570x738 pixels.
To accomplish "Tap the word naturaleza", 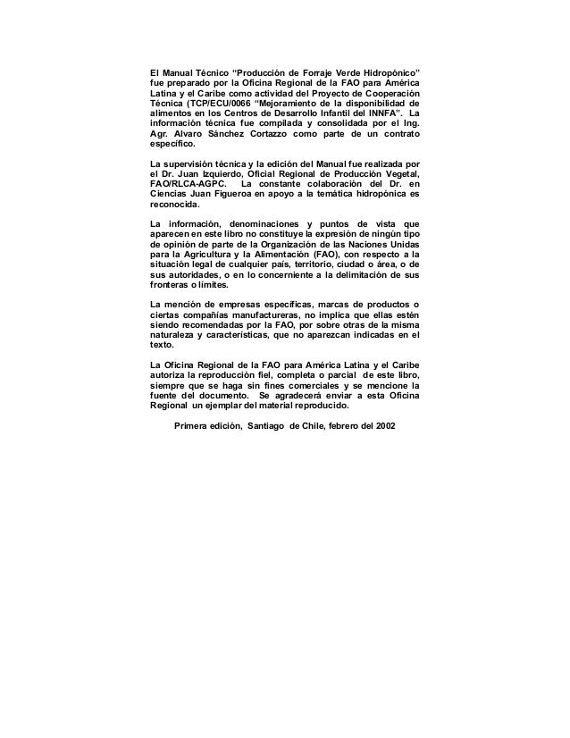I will [x=176, y=336].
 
